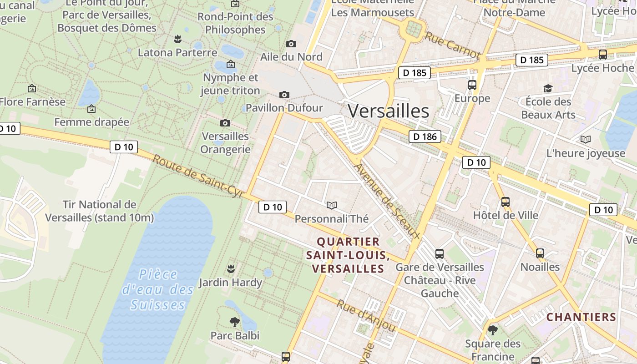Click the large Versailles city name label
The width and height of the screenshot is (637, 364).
click(389, 111)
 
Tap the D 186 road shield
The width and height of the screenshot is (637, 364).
click(425, 136)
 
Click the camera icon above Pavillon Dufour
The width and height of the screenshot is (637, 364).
click(284, 95)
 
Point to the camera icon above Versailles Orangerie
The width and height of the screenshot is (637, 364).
click(225, 123)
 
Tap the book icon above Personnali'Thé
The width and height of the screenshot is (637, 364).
click(332, 205)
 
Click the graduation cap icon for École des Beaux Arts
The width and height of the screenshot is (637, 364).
click(548, 88)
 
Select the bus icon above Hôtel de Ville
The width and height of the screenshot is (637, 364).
click(505, 202)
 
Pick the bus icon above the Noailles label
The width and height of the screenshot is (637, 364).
click(540, 253)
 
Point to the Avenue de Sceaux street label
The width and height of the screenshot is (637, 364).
click(386, 201)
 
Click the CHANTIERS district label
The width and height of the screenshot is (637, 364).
click(581, 317)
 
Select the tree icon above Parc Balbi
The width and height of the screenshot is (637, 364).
click(234, 322)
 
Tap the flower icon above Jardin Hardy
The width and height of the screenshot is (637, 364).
click(231, 268)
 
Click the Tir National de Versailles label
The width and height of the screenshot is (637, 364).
click(99, 211)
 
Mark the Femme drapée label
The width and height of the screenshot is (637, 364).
click(91, 122)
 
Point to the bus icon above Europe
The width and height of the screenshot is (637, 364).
click(472, 85)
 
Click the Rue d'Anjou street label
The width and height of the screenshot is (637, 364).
click(366, 315)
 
